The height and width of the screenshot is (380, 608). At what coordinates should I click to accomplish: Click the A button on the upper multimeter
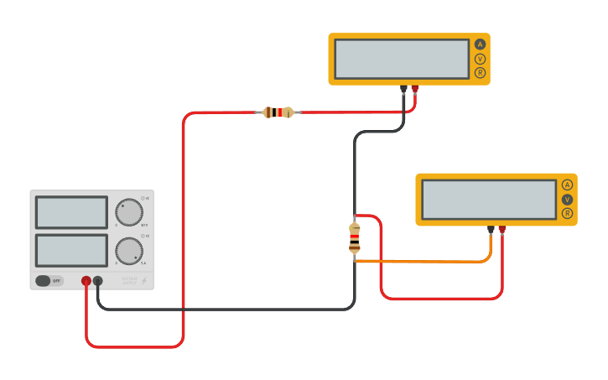(x=480, y=44)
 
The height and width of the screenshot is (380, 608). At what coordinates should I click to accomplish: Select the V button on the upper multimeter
(x=480, y=59)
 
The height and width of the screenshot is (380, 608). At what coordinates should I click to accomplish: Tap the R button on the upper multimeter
(x=480, y=73)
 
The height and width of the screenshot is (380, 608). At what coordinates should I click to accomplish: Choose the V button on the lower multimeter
(x=567, y=200)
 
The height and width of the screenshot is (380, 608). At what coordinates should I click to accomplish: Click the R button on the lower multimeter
(x=567, y=214)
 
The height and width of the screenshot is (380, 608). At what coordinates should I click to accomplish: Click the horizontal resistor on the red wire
(x=278, y=112)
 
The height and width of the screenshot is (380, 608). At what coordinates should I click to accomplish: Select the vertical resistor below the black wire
(x=355, y=238)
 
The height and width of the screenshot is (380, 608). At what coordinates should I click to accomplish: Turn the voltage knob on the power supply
(x=128, y=212)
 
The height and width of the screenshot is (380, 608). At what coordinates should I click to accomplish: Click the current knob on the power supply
(x=128, y=251)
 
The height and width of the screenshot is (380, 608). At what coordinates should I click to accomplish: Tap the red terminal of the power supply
(x=86, y=281)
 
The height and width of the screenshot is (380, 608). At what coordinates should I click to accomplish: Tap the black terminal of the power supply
(x=98, y=281)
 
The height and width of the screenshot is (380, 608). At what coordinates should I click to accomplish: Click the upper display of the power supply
(x=71, y=212)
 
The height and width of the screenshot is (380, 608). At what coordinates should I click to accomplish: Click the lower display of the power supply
(x=71, y=251)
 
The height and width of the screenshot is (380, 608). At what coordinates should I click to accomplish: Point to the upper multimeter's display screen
(x=402, y=59)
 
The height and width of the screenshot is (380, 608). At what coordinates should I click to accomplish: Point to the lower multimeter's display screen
(x=489, y=200)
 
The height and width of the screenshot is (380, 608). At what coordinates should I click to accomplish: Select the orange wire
(x=436, y=261)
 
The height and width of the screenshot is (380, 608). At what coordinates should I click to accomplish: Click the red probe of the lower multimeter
(x=502, y=229)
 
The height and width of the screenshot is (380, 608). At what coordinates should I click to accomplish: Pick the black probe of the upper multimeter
(x=403, y=89)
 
